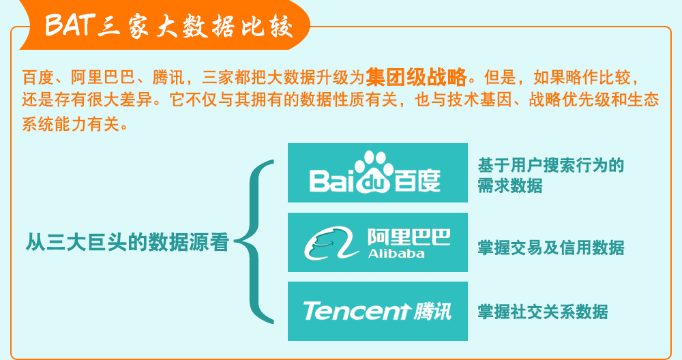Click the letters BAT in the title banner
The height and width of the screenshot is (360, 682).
tap(70, 25)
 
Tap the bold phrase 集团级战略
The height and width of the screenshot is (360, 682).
tap(416, 77)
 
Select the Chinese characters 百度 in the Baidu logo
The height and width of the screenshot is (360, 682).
tap(417, 181)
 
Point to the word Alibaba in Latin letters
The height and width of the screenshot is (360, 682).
tap(396, 254)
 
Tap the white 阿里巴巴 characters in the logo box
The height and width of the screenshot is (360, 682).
tap(409, 237)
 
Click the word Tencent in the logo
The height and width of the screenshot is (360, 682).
tap(357, 312)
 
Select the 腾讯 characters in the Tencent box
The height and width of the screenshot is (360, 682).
tap(432, 312)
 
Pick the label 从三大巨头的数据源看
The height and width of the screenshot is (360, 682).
tap(128, 242)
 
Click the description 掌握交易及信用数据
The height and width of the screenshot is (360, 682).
tap(551, 247)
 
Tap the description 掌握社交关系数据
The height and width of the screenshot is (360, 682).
tap(543, 312)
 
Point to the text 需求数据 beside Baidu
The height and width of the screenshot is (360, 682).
tap(510, 185)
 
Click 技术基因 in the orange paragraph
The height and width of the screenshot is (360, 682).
tap(479, 100)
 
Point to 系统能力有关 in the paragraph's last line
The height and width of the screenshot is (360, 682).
tap(71, 124)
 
